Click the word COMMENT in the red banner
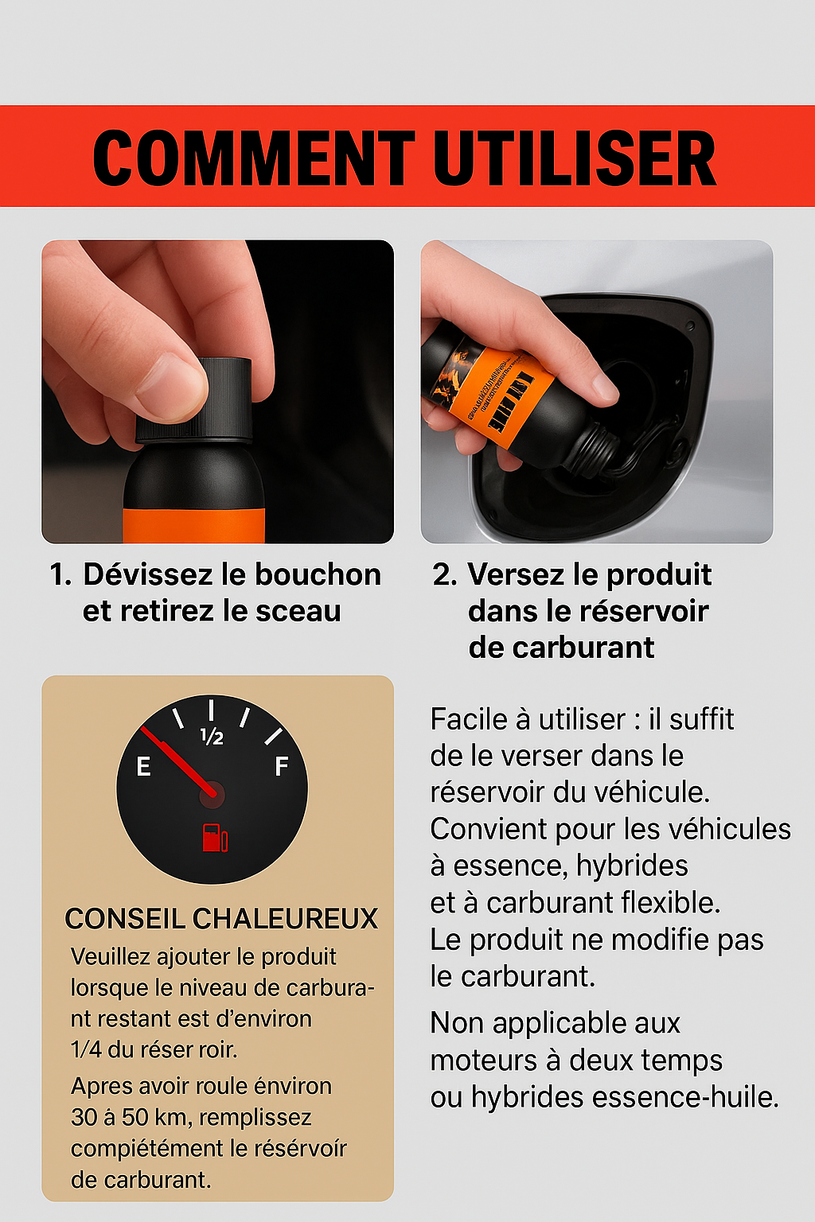253,158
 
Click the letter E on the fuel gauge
143,767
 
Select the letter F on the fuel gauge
281,767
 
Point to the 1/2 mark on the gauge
212,736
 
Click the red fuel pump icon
214,838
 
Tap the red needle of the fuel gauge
178,759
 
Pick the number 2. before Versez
444,574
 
